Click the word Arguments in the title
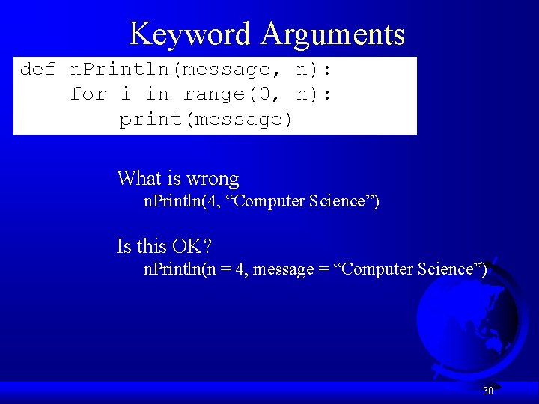[333, 34]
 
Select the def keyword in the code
[37, 70]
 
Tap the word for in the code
[88, 94]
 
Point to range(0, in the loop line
[235, 94]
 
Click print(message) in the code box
[206, 119]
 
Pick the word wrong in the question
[213, 179]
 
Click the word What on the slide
[139, 179]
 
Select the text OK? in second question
[196, 246]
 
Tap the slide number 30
[488, 391]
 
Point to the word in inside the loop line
[156, 94]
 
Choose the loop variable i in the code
[124, 94]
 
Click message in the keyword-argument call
[283, 269]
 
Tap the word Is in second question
[124, 246]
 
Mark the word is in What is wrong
[173, 179]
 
